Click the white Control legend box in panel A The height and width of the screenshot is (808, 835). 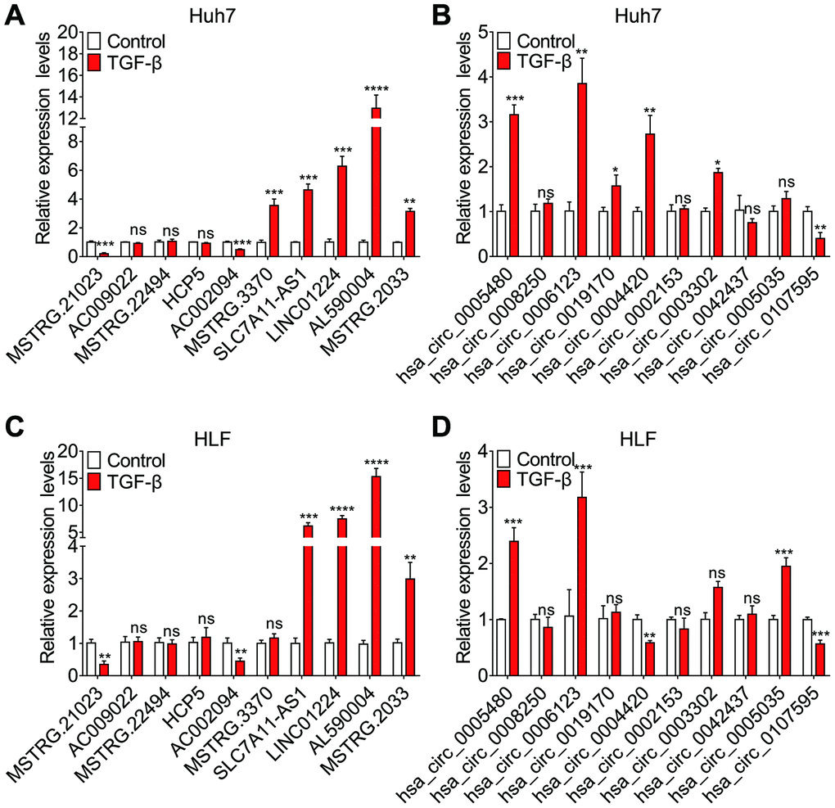coord(94,41)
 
